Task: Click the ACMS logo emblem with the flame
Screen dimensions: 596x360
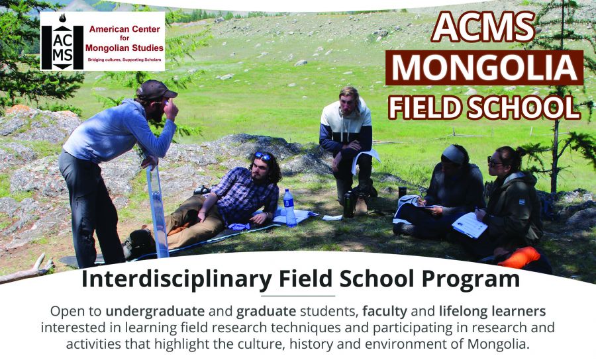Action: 62,42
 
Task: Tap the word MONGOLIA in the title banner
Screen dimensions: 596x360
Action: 485,67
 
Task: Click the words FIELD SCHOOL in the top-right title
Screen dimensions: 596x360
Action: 484,107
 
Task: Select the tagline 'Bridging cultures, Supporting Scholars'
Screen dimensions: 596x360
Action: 124,60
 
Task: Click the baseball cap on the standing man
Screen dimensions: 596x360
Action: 156,90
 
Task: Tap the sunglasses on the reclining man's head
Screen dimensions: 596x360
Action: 263,156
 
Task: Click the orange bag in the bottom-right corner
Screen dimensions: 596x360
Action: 519,257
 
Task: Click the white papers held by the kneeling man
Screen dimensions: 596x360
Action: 364,159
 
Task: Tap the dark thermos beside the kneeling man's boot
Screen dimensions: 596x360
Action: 348,204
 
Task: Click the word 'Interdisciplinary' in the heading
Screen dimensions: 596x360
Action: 176,279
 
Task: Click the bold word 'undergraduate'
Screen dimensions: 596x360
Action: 155,312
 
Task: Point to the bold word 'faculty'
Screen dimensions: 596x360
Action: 385,312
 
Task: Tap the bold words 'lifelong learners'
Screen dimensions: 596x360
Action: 492,312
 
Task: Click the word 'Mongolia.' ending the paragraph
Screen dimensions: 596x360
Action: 498,344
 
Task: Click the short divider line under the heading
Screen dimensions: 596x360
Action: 298,295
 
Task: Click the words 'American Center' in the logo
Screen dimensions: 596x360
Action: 124,29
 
